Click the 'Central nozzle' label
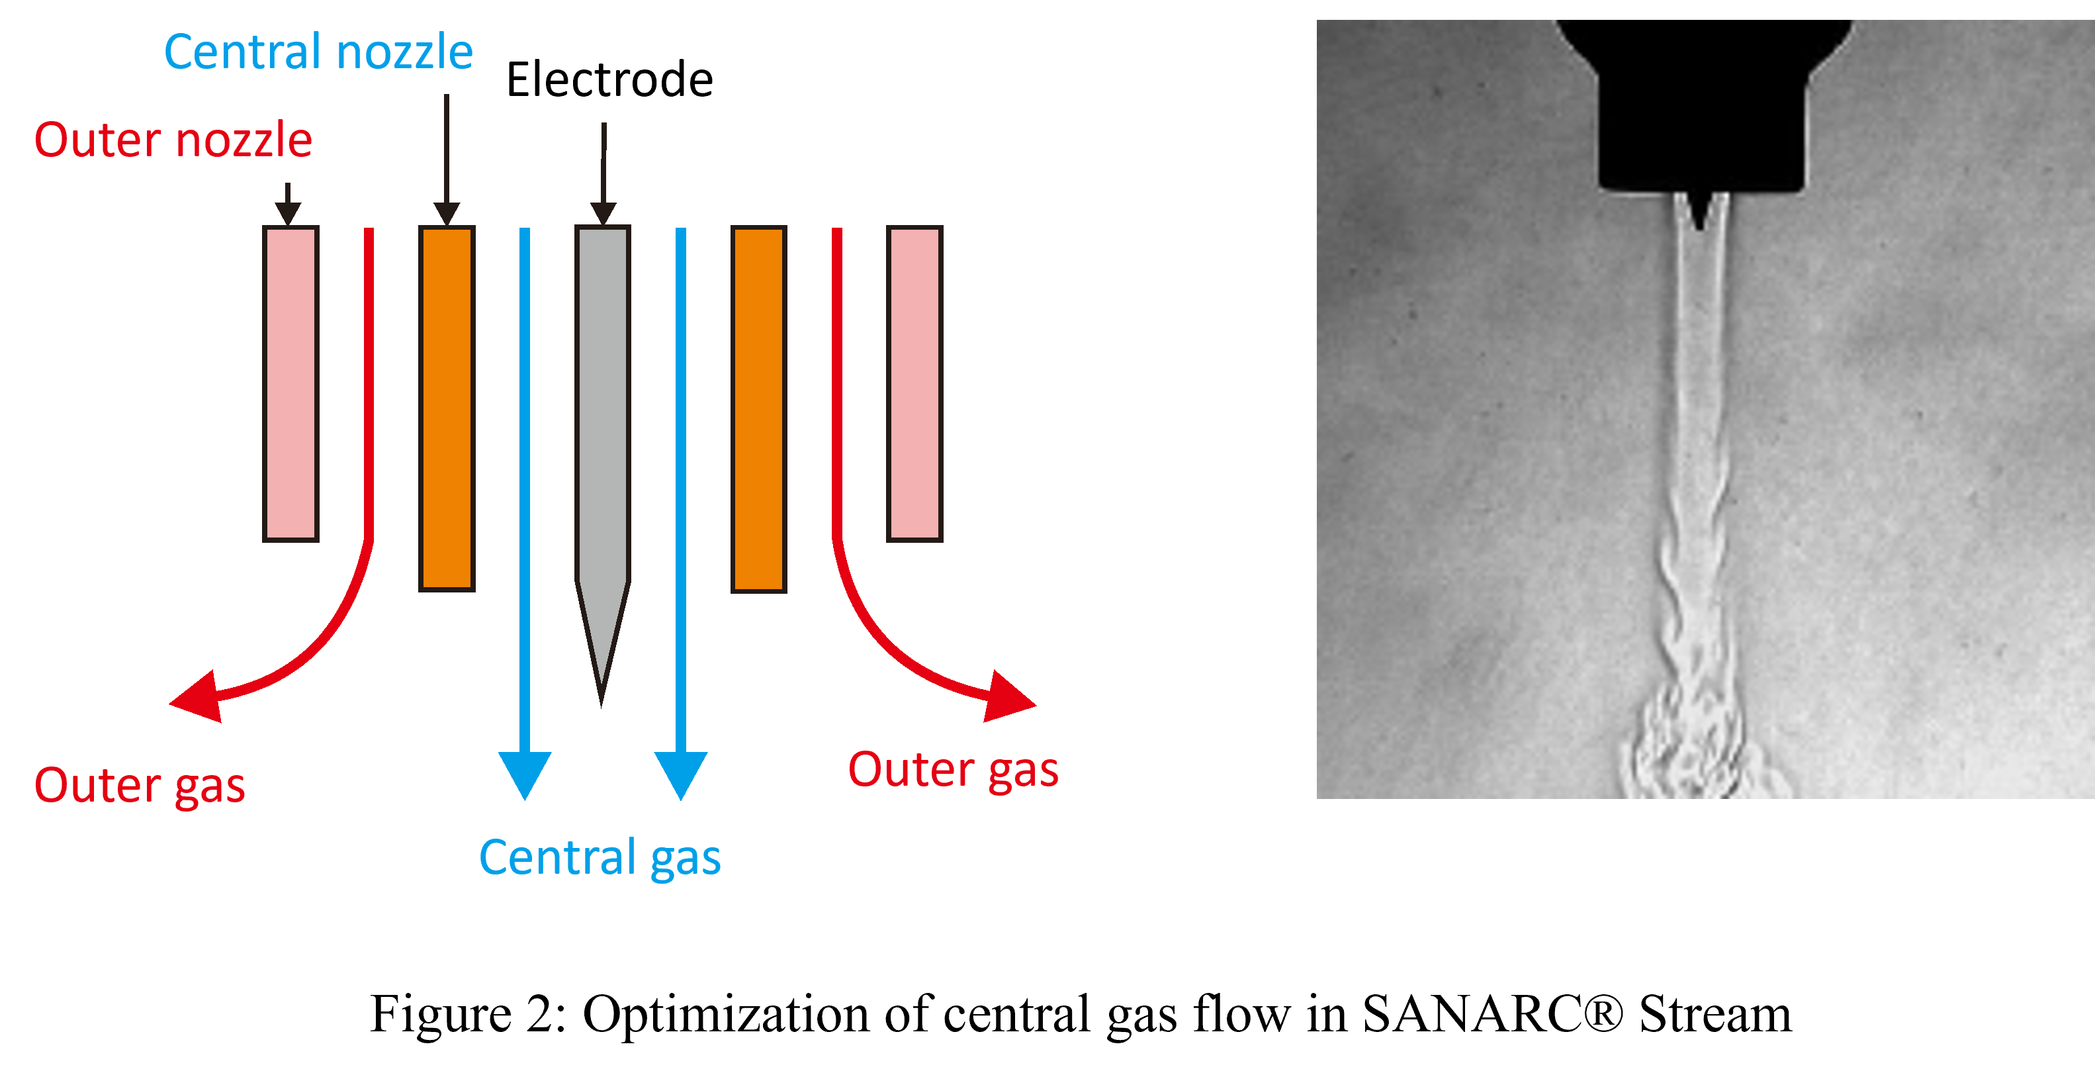[318, 52]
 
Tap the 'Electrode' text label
[609, 79]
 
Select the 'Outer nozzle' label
[173, 140]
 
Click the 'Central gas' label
[600, 857]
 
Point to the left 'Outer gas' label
[140, 785]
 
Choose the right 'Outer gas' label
[953, 769]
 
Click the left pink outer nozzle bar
[290, 383]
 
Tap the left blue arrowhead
[525, 773]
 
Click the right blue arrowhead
[681, 773]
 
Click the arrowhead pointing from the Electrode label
[603, 213]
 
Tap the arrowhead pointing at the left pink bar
[288, 213]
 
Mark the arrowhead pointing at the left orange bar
[447, 213]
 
